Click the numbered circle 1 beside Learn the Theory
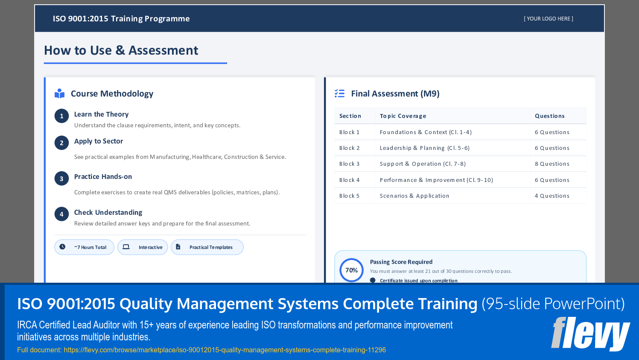tap(61, 116)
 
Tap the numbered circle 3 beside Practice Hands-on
tap(61, 179)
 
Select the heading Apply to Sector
tap(99, 141)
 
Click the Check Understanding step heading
tap(108, 212)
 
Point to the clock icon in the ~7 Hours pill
tap(62, 247)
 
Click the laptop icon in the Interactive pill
tap(126, 247)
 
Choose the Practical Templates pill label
tap(211, 247)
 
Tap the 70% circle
tap(351, 270)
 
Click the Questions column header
tap(549, 116)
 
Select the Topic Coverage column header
tap(403, 116)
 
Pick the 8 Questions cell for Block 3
tap(552, 164)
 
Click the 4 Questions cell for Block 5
tap(552, 196)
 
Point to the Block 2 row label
tap(349, 148)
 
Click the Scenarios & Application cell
tap(414, 196)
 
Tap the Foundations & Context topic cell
tap(426, 132)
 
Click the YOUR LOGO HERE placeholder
tap(549, 19)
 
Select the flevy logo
tap(590, 334)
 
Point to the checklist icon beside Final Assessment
tap(339, 94)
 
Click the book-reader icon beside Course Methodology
tap(60, 94)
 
